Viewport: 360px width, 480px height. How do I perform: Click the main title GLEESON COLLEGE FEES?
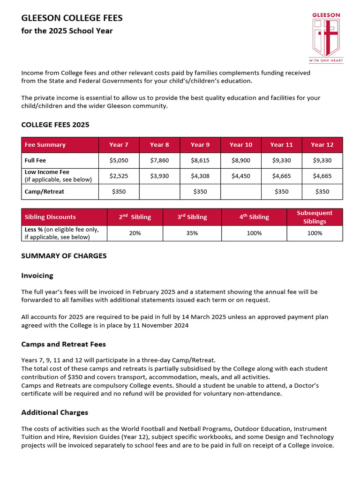[72, 18]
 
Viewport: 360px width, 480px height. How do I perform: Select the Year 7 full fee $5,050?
[119, 160]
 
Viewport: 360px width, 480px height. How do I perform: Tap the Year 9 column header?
[200, 145]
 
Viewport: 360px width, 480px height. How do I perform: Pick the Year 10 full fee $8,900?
[241, 160]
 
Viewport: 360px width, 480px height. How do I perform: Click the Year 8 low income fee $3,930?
[159, 176]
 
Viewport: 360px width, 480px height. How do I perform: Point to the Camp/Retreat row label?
[45, 192]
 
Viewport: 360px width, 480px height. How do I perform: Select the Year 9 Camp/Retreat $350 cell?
[200, 192]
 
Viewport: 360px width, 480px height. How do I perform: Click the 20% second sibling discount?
[135, 233]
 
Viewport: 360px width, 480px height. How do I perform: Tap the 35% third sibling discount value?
[192, 233]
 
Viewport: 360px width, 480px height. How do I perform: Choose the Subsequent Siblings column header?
[315, 217]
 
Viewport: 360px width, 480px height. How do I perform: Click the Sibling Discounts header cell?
[50, 217]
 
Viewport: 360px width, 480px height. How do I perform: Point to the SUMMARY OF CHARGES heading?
[64, 256]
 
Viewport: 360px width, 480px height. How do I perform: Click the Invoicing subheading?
[37, 276]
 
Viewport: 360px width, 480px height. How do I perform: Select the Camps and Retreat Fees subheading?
[64, 344]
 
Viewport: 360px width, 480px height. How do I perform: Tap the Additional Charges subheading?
[55, 412]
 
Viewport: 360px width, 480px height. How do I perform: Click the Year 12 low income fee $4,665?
[322, 176]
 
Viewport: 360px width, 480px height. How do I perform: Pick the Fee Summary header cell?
[45, 145]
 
